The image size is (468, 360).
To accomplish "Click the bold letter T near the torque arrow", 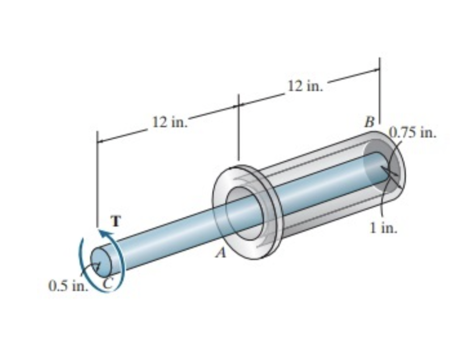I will (x=116, y=221).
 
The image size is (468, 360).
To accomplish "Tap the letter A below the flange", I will (x=219, y=254).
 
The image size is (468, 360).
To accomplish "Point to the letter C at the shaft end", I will (x=108, y=282).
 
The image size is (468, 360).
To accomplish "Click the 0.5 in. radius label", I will (x=69, y=285).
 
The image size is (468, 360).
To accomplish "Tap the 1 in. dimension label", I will (x=383, y=228).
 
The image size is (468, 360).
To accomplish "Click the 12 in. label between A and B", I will (x=306, y=85).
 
